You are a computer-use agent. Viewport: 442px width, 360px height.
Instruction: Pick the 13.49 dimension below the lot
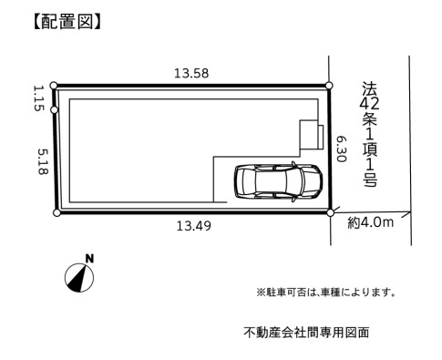(193, 226)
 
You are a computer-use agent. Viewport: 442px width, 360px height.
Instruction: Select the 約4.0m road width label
(370, 221)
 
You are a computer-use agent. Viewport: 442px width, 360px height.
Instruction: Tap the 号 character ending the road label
(368, 180)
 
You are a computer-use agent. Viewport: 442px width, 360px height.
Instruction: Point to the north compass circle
(78, 277)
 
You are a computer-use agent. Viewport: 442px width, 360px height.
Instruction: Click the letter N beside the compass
(89, 259)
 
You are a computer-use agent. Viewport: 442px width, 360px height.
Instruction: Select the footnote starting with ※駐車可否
(326, 292)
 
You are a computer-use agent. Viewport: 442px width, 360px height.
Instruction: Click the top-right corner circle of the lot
(330, 83)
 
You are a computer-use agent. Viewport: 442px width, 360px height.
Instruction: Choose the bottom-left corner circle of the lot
(57, 213)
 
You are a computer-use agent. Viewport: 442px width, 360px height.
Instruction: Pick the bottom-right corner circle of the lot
(330, 213)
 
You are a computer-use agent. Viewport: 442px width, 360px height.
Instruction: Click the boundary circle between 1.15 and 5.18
(55, 110)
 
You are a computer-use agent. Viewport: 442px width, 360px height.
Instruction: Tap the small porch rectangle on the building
(311, 136)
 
